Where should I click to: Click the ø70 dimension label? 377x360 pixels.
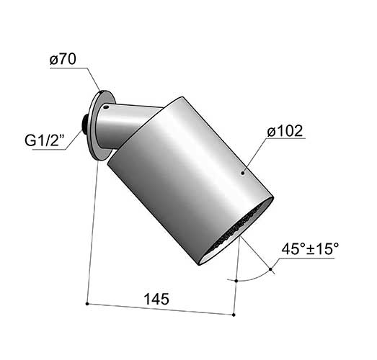[63, 59]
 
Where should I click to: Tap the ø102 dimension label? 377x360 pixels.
[285, 131]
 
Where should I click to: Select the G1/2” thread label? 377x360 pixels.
[45, 140]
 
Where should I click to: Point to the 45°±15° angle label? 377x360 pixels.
[310, 249]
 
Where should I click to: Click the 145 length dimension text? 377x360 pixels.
[156, 299]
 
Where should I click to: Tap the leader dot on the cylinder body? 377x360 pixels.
[243, 173]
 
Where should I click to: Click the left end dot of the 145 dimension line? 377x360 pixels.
[87, 304]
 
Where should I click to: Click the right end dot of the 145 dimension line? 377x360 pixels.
[234, 315]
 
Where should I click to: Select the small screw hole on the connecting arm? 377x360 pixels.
[106, 107]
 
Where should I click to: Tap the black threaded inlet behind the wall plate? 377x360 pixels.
[84, 125]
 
